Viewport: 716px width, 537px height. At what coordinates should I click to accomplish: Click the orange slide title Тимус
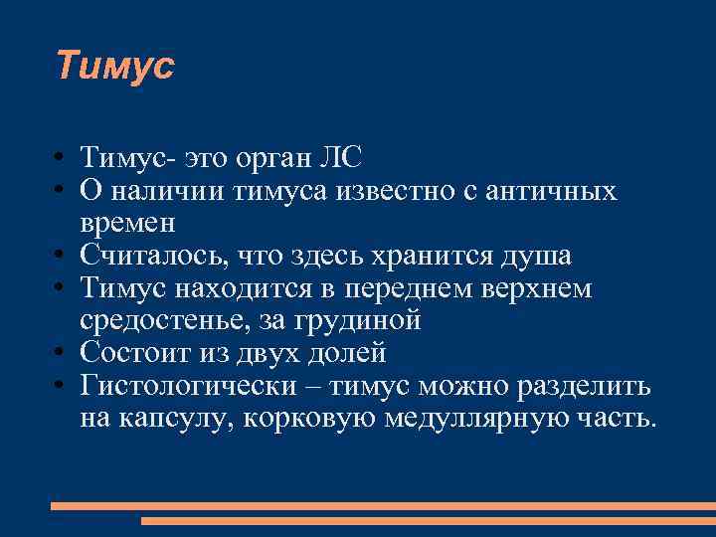pyautogui.click(x=114, y=66)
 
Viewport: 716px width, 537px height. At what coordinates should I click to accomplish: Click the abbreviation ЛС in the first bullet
pyautogui.click(x=341, y=157)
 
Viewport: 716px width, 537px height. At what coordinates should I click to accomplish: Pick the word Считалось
pyautogui.click(x=154, y=257)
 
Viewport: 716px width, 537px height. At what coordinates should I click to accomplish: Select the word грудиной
pyautogui.click(x=364, y=321)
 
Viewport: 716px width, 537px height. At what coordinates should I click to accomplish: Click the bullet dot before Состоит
pyautogui.click(x=62, y=354)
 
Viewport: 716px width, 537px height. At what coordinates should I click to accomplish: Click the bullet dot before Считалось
pyautogui.click(x=62, y=257)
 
